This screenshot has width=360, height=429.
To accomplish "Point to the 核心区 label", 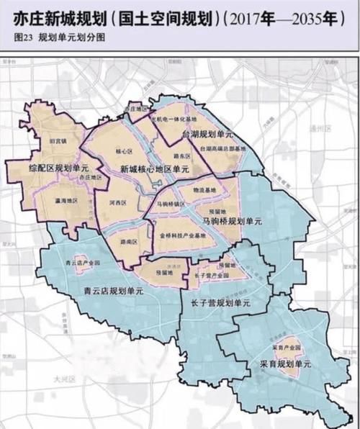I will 124,151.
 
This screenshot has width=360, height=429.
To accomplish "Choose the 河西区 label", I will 120,204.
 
